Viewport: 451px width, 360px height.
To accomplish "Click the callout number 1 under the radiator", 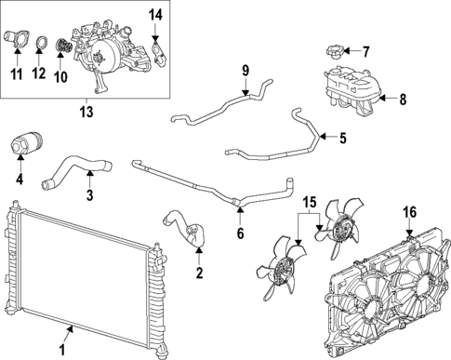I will click(61, 350).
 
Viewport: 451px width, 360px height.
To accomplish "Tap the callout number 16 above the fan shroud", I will click(410, 213).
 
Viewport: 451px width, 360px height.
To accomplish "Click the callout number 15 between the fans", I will click(310, 202).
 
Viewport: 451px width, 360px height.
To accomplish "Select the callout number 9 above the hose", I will click(245, 70).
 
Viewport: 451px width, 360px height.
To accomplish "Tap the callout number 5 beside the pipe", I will click(342, 139).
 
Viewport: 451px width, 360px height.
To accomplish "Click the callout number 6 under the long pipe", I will click(240, 233).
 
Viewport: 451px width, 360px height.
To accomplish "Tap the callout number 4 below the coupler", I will click(20, 179).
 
